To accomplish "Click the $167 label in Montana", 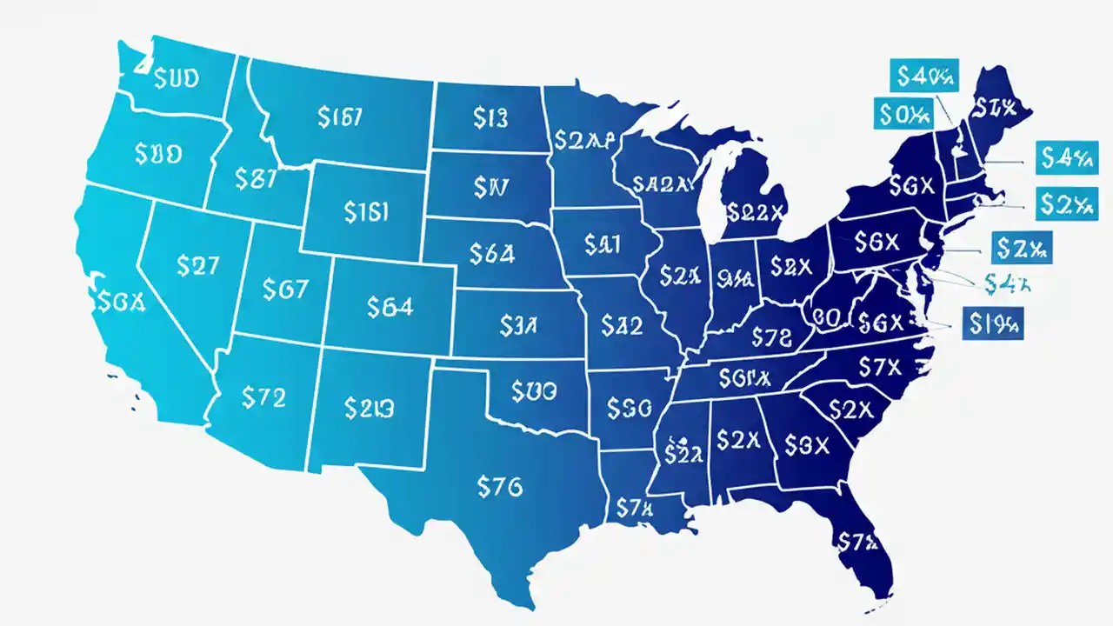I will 341,117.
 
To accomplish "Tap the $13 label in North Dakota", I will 490,117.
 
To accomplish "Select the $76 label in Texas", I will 500,487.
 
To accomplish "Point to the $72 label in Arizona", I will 263,398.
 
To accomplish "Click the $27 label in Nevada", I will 197,266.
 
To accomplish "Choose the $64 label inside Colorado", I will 390,306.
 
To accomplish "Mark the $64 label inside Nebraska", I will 492,253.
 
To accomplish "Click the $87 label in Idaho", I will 256,179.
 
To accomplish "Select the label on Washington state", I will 176,79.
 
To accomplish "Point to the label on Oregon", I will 158,154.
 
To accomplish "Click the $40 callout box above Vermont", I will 924,76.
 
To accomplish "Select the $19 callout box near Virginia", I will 994,324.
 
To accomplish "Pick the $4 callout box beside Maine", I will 1065,157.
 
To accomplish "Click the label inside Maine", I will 996,108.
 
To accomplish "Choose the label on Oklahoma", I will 534,392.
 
